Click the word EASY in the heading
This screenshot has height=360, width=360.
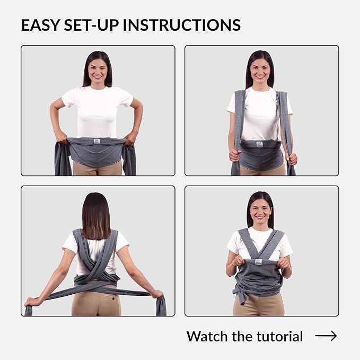click(x=41, y=25)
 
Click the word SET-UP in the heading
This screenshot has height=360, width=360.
click(x=92, y=25)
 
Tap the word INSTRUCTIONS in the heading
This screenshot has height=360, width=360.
click(x=182, y=25)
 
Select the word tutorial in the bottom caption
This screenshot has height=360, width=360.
click(x=279, y=336)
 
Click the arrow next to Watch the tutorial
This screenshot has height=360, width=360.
click(x=326, y=336)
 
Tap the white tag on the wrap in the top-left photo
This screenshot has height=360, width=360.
click(x=96, y=142)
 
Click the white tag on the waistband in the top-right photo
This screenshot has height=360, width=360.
click(x=259, y=144)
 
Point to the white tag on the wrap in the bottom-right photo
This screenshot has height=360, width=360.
click(x=258, y=262)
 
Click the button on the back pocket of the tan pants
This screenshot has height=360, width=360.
click(x=113, y=298)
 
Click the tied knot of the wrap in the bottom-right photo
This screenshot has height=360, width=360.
click(x=239, y=292)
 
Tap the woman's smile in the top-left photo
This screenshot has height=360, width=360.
click(x=98, y=77)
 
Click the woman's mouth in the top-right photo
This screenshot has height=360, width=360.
click(x=260, y=77)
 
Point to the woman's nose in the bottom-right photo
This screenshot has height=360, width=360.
click(x=260, y=212)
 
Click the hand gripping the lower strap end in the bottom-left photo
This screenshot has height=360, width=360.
click(x=31, y=302)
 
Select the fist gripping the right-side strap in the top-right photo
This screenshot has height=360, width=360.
click(x=292, y=159)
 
